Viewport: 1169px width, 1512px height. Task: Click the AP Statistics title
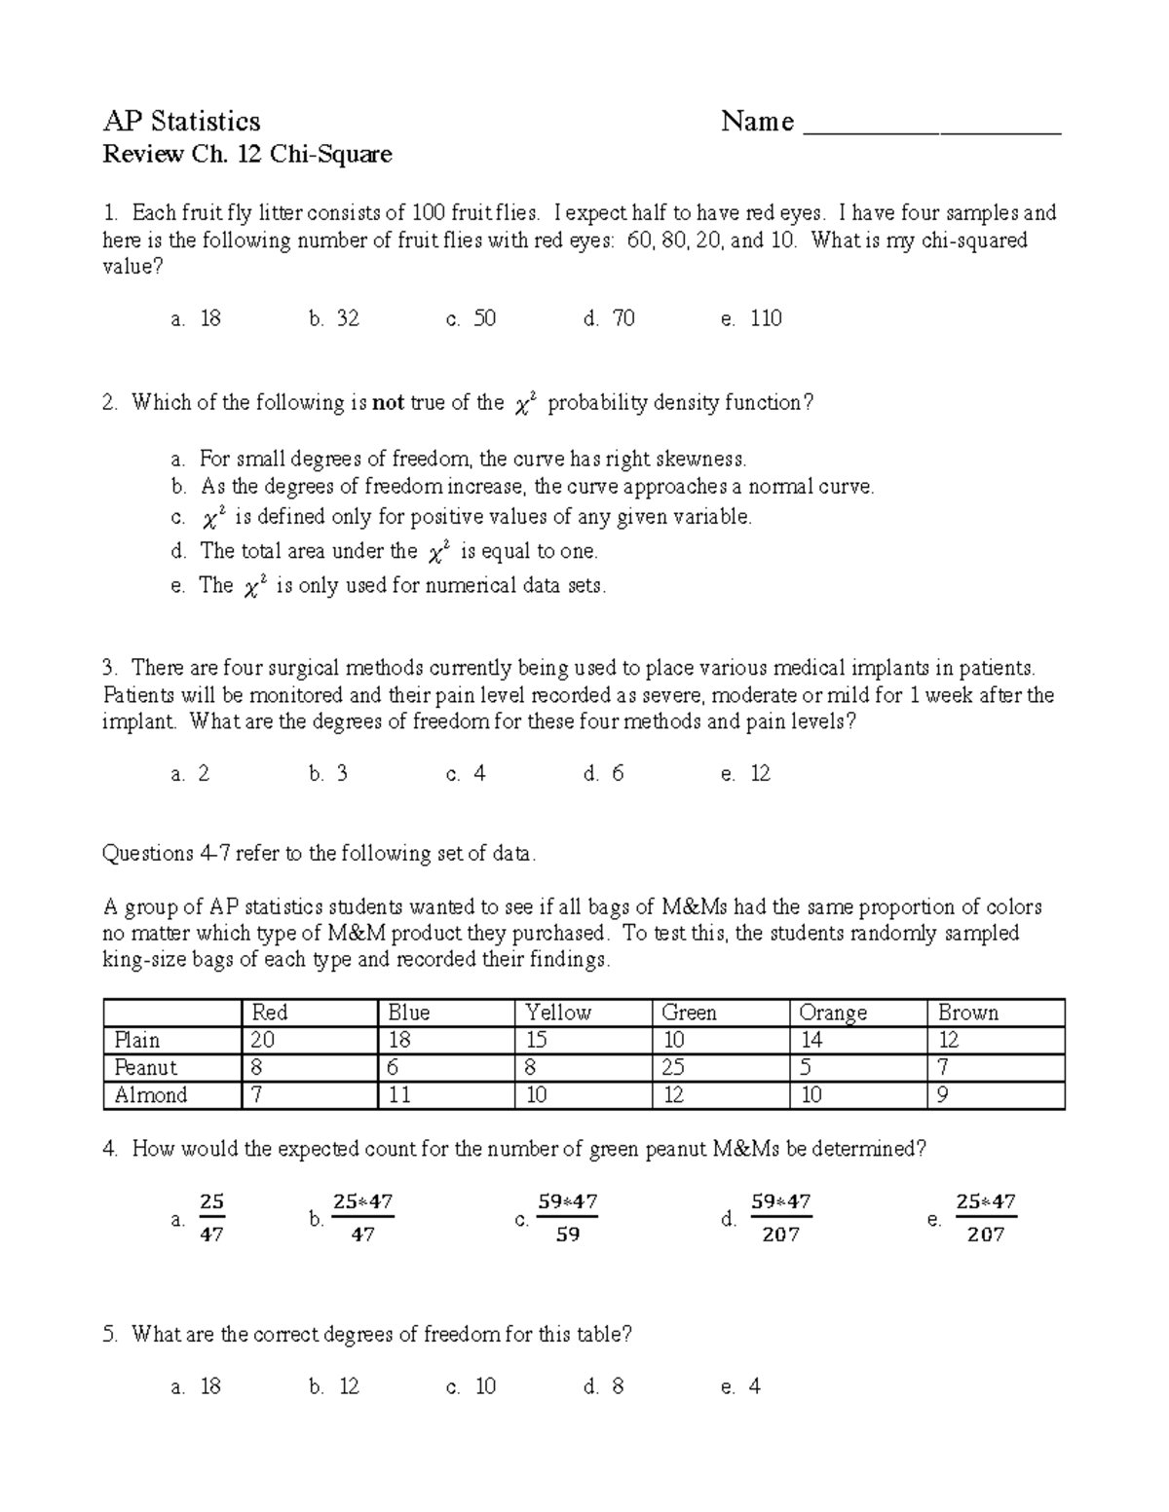tap(181, 122)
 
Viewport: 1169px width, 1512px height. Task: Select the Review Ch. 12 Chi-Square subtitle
tap(247, 155)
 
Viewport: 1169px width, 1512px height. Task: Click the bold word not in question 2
tap(388, 403)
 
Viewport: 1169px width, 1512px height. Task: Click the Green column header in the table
tap(689, 1013)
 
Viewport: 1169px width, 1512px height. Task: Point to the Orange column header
tap(832, 1013)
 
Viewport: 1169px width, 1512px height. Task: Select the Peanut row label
tap(145, 1067)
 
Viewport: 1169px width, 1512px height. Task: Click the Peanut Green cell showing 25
tap(674, 1067)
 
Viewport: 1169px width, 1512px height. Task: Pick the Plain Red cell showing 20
tap(263, 1040)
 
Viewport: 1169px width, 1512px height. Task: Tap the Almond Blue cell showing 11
tap(399, 1095)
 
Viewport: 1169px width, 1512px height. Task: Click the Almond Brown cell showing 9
tap(943, 1095)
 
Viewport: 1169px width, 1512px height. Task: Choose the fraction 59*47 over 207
tap(780, 1218)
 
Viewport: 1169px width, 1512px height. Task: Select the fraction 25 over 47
tap(211, 1218)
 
